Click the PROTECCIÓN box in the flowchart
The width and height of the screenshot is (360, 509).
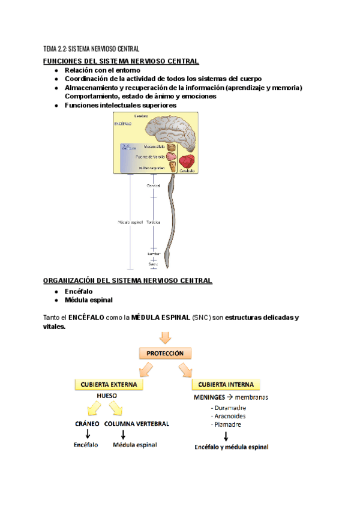click(162, 354)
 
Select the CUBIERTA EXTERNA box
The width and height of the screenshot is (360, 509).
click(106, 384)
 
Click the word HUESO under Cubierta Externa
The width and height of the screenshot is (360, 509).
click(106, 396)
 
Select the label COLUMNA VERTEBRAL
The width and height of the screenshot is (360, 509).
click(137, 423)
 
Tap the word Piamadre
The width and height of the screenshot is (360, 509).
click(227, 424)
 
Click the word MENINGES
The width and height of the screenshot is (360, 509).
click(209, 397)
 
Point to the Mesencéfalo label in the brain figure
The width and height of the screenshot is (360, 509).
click(154, 146)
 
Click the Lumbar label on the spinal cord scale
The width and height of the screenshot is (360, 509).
click(154, 254)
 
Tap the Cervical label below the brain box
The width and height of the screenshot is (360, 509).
click(154, 185)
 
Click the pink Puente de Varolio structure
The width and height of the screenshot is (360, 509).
click(172, 157)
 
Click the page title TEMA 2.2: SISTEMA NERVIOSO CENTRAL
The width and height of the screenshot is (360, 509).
click(91, 49)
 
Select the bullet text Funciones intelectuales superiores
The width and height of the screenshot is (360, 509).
click(120, 105)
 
